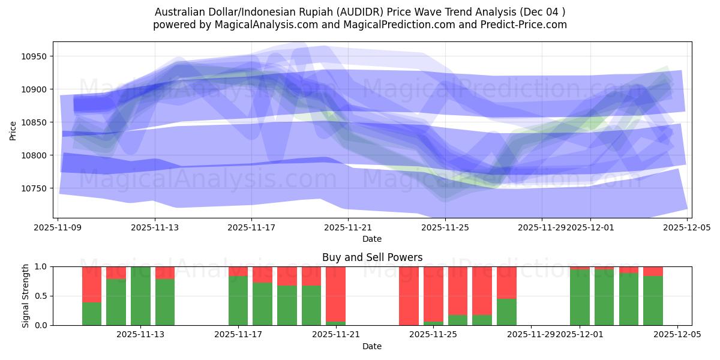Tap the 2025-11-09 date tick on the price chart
click(58, 228)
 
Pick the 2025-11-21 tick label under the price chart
click(348, 228)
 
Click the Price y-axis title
click(13, 130)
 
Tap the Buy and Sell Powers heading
click(372, 257)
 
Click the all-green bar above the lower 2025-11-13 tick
click(140, 296)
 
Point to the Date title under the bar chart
click(372, 347)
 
